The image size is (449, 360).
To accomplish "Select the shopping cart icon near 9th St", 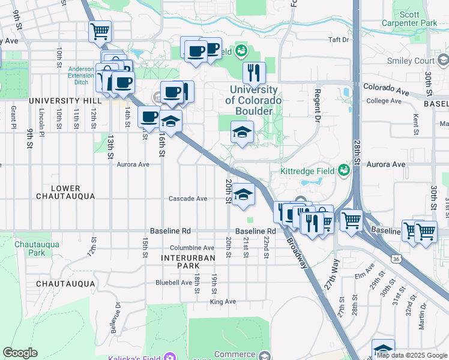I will [100, 31].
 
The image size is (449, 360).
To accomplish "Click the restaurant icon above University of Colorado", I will [254, 73].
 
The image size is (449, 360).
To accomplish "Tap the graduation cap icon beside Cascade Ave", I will [243, 194].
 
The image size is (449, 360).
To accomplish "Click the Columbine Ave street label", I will [191, 248].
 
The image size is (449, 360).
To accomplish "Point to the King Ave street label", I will [222, 302].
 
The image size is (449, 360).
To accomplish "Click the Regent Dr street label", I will [316, 103].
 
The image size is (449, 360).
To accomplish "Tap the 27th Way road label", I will [331, 275].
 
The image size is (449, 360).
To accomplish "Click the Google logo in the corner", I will [20, 353].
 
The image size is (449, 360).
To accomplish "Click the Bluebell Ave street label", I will [173, 282].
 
